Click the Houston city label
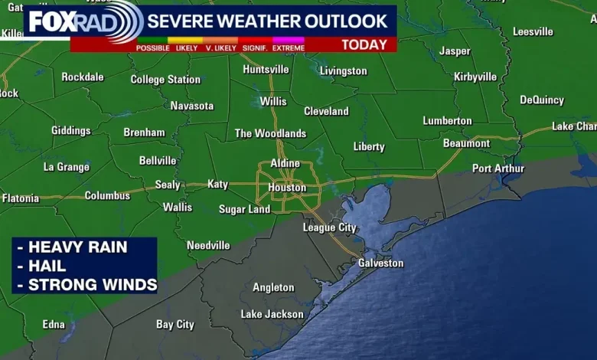[x=287, y=188]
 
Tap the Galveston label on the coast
[x=380, y=263]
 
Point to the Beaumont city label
[x=466, y=143]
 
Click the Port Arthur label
[x=498, y=169]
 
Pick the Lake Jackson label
[x=272, y=314]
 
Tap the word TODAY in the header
[x=364, y=44]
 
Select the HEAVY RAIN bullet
[x=77, y=247]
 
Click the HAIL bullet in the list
[x=47, y=266]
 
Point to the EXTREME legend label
[x=288, y=48]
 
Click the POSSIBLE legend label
[x=153, y=48]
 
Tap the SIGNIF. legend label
[x=253, y=48]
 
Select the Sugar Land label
[x=244, y=209]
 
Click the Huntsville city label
[x=266, y=69]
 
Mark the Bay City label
[x=175, y=324]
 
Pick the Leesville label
[x=533, y=31]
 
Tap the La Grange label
[x=67, y=166]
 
